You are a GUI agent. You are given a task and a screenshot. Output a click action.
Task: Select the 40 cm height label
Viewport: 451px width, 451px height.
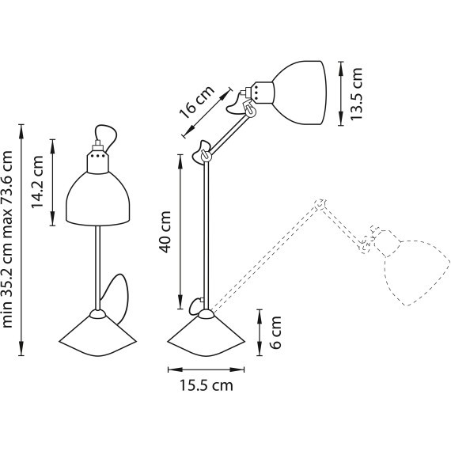tap(165, 232)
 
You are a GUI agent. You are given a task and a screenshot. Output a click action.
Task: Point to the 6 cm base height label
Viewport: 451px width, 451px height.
tap(275, 332)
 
